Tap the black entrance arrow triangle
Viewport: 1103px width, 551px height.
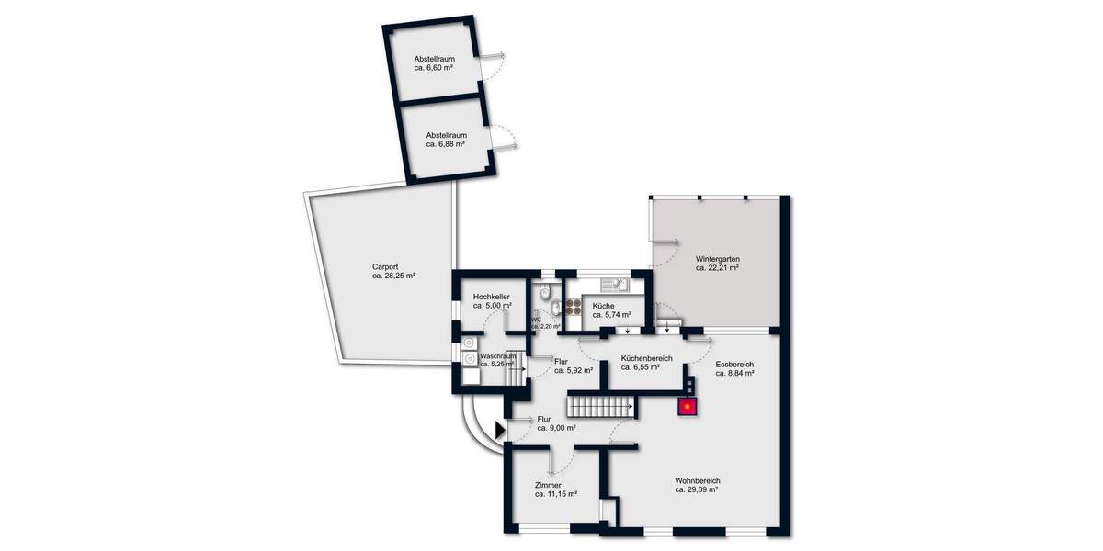pyautogui.click(x=500, y=429)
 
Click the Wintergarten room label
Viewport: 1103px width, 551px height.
pyautogui.click(x=718, y=259)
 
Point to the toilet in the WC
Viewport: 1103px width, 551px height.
pyautogui.click(x=546, y=293)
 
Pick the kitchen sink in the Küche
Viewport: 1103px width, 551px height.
pyautogui.click(x=612, y=285)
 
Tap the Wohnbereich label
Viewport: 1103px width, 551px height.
pyautogui.click(x=697, y=480)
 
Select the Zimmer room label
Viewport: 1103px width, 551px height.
pyautogui.click(x=554, y=485)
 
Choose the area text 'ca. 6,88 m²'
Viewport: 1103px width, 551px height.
pyautogui.click(x=445, y=144)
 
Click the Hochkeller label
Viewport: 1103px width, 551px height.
pyautogui.click(x=492, y=298)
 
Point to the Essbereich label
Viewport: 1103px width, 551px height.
pyautogui.click(x=734, y=364)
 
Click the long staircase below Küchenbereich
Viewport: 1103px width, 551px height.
pyautogui.click(x=601, y=404)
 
